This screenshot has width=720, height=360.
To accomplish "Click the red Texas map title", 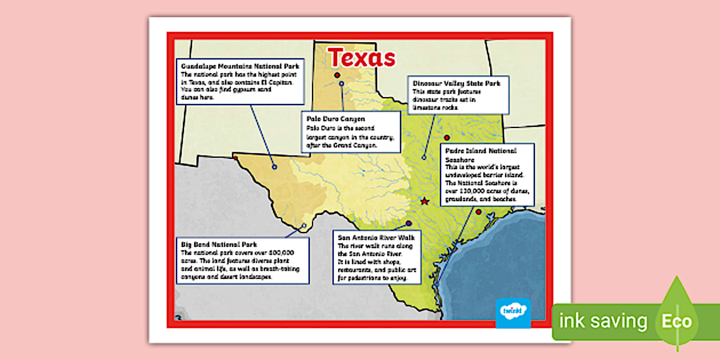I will point(361,57).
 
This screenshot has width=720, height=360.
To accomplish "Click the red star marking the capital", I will point(424,201).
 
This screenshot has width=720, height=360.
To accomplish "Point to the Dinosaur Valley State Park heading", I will point(457,83).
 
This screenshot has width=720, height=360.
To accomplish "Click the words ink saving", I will point(603,321).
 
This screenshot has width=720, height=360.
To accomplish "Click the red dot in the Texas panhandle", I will point(337,75).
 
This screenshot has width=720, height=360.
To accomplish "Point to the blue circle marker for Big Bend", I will point(304,225).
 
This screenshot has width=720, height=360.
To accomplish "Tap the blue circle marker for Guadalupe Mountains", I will point(274,167).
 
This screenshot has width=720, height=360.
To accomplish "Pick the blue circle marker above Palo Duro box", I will point(341,84).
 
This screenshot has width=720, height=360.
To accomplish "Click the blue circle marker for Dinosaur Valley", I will point(424,157).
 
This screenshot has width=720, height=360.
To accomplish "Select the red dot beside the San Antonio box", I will point(409,223).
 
